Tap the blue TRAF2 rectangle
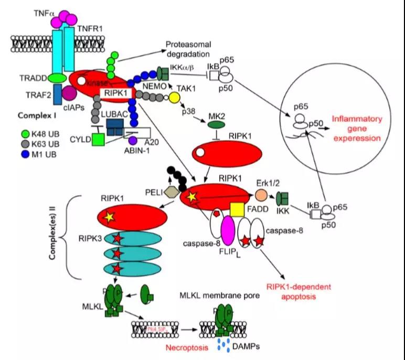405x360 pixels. pyautogui.click(x=58, y=92)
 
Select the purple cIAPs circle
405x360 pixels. pyautogui.click(x=69, y=93)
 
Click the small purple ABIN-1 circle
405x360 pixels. pyautogui.click(x=133, y=141)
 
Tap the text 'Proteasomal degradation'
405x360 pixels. pyautogui.click(x=188, y=49)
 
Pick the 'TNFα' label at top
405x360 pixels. pyautogui.click(x=43, y=12)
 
